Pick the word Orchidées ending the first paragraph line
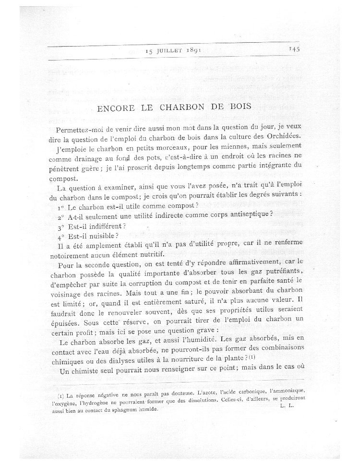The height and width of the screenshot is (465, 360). pyautogui.click(x=284, y=137)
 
